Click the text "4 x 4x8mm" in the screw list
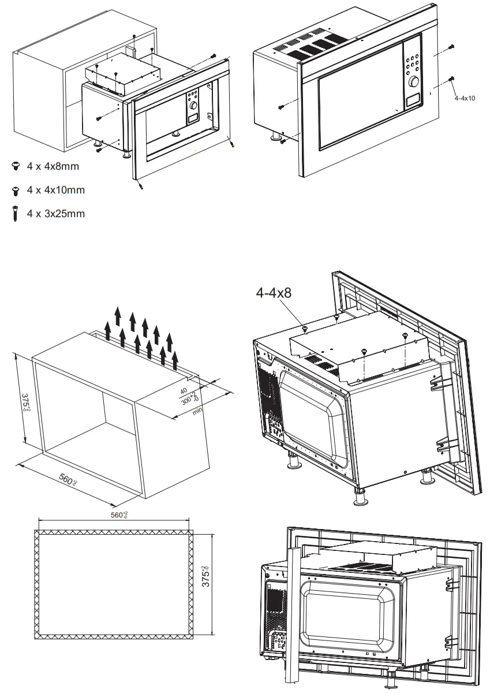[53, 166]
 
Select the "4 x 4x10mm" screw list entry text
[55, 190]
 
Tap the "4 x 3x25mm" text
[55, 214]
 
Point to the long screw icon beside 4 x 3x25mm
[15, 214]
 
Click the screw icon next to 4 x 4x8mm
[15, 166]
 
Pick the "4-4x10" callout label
[464, 98]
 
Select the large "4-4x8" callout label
[274, 293]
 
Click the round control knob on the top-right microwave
[413, 82]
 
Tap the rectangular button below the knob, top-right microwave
[413, 102]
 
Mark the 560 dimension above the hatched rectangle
[119, 515]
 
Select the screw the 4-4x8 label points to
[305, 329]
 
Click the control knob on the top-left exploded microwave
[193, 106]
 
